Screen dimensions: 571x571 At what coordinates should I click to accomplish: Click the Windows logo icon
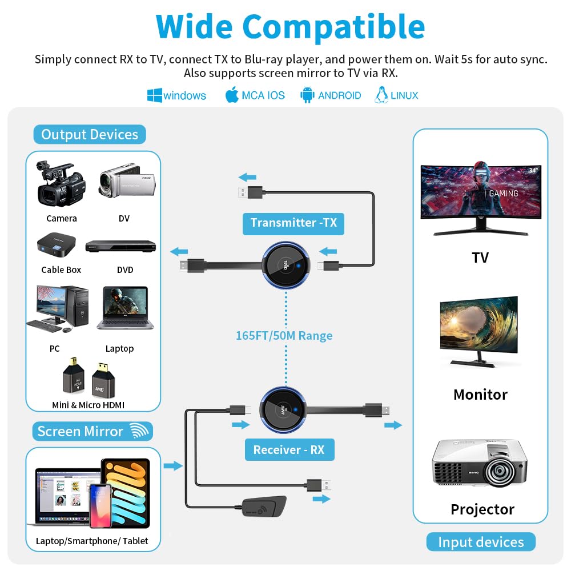click(154, 95)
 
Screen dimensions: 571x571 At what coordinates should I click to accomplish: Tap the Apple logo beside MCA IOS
click(232, 95)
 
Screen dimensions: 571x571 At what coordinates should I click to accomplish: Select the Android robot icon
click(308, 95)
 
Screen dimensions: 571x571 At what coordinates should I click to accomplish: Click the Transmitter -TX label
click(293, 223)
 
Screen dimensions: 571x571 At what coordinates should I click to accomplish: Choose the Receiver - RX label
click(289, 449)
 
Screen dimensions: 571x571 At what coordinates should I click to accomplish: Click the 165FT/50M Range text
click(284, 335)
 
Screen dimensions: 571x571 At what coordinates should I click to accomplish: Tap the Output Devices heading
click(90, 135)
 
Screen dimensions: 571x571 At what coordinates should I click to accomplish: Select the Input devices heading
click(481, 542)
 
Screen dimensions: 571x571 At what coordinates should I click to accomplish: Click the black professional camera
click(61, 183)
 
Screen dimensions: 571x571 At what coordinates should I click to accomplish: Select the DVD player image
click(120, 246)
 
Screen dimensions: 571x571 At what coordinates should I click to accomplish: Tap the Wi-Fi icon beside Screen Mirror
click(139, 431)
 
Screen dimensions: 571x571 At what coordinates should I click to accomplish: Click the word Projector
click(482, 509)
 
